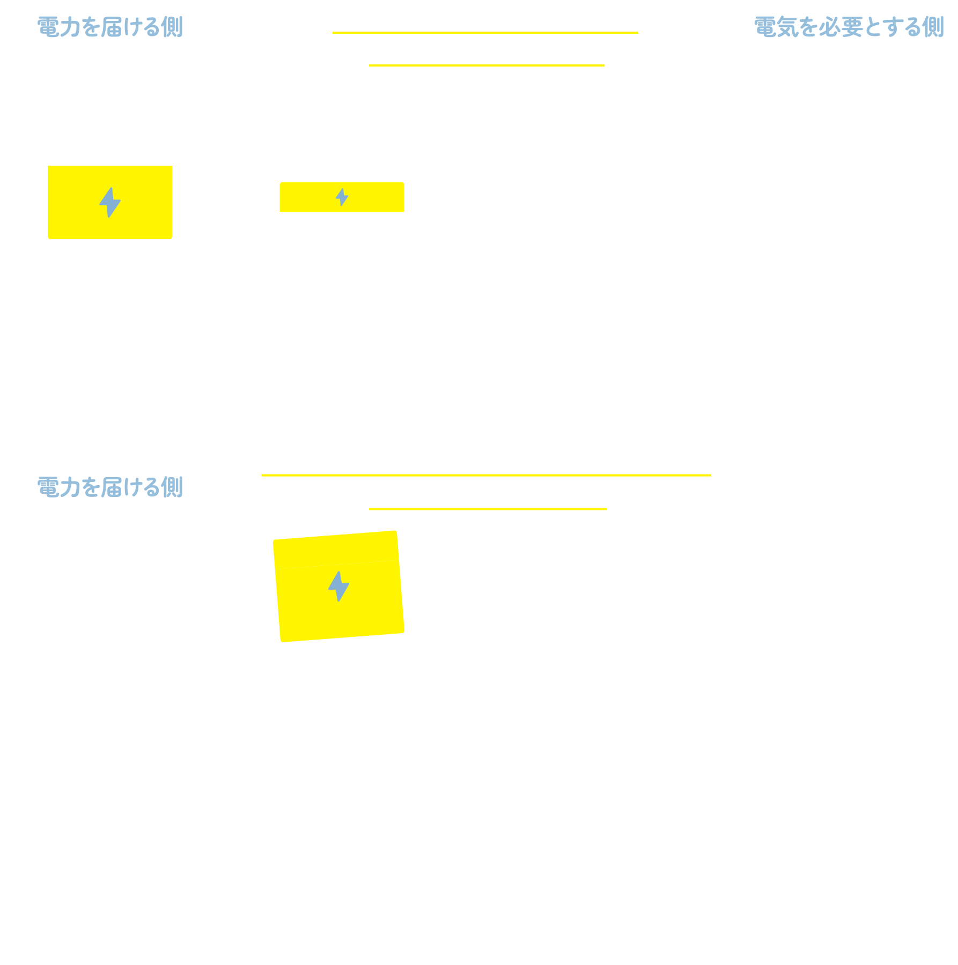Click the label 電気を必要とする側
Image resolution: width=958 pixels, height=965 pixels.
point(849,26)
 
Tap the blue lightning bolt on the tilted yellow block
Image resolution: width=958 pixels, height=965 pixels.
point(338,586)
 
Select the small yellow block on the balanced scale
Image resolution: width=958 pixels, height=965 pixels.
point(342,197)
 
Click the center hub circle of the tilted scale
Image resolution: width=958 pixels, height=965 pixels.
point(489,728)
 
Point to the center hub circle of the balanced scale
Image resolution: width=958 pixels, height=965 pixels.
point(489,268)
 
